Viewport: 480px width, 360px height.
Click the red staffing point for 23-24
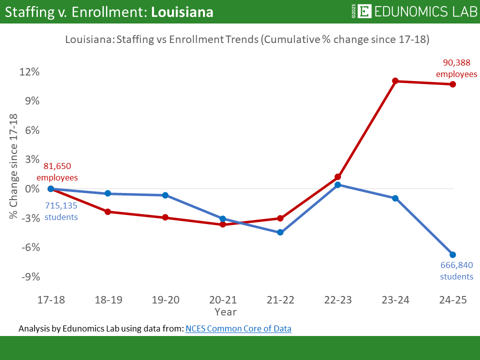coord(395,81)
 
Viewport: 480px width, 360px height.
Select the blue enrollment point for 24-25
coord(452,254)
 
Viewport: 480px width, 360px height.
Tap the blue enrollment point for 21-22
coord(280,232)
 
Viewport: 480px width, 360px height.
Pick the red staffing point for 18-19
coord(108,212)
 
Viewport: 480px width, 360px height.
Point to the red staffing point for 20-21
coord(223,224)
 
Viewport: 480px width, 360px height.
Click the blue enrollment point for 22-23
coord(337,184)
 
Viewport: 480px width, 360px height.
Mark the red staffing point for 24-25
coord(452,84)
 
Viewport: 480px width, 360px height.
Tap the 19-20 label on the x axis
coord(165,300)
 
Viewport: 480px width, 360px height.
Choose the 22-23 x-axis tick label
coord(337,300)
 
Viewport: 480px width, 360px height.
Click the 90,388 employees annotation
coord(456,68)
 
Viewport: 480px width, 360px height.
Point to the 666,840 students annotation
coord(456,270)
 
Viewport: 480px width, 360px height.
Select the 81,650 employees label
coord(57,172)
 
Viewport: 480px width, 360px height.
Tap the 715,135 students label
coord(61,211)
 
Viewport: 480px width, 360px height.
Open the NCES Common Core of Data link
coord(238,328)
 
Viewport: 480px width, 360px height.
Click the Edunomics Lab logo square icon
coord(365,11)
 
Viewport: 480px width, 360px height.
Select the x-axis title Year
coord(225,311)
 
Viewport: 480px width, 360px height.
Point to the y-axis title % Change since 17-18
coord(13,166)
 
